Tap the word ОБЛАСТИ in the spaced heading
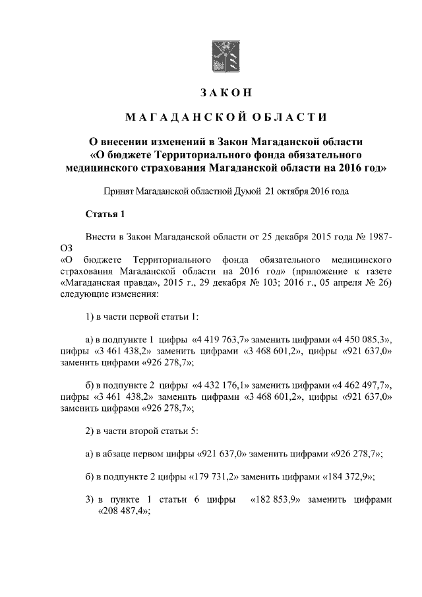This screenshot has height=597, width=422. coord(287,117)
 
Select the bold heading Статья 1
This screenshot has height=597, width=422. coord(105,214)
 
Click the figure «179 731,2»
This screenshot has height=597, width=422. coord(213,477)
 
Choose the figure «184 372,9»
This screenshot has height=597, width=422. coord(350,477)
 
